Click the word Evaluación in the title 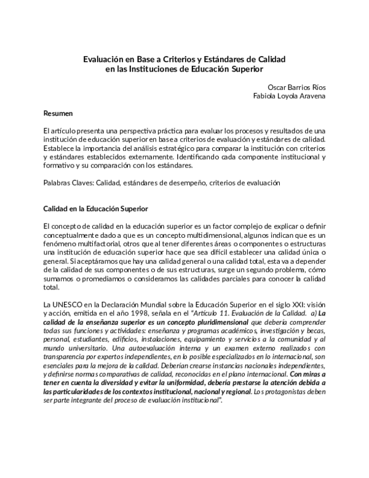(x=105, y=60)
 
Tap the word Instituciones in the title (x=161, y=70)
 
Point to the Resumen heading (x=58, y=113)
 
